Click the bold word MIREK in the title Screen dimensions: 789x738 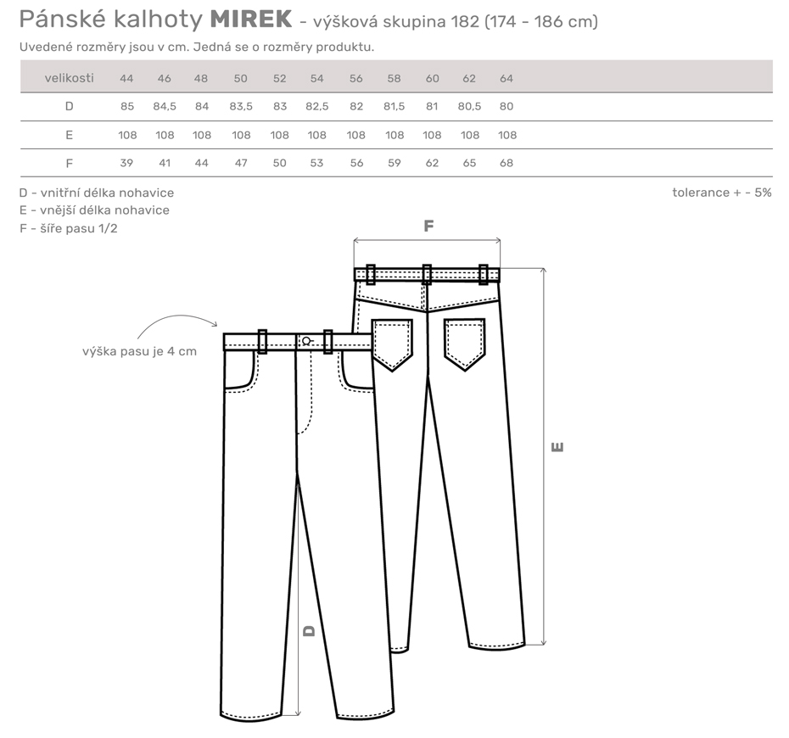click(250, 20)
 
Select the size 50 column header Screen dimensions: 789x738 click(241, 79)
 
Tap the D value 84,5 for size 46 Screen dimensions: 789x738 click(165, 107)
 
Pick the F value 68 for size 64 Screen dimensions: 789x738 click(506, 163)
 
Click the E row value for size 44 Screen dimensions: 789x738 click(127, 136)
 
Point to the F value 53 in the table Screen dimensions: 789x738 click(316, 163)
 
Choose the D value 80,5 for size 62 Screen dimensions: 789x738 click(469, 107)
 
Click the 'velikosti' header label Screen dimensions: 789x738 click(69, 78)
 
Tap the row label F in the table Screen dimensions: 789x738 click(70, 163)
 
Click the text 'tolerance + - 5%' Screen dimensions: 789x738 click(722, 193)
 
